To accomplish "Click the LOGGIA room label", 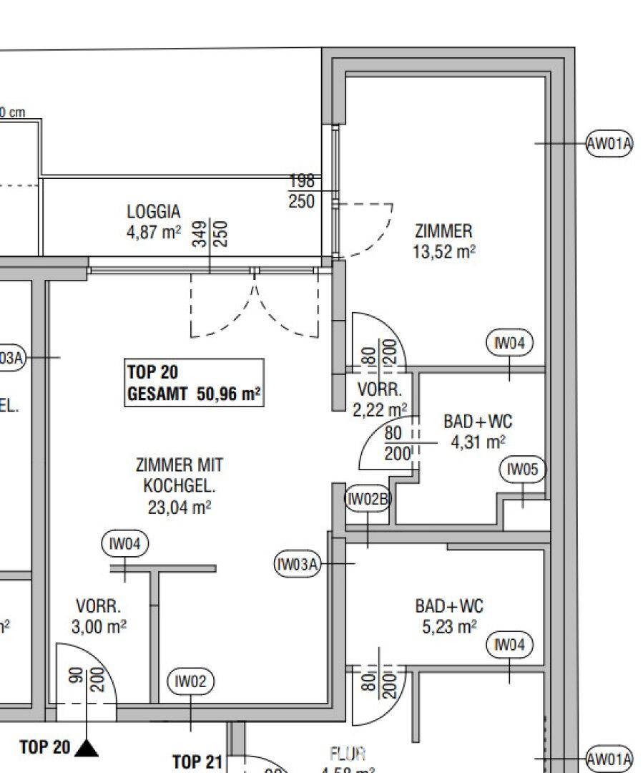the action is (153, 212).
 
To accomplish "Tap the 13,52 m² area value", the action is (444, 251).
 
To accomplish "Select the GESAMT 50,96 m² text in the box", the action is (193, 394).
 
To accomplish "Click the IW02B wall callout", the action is (368, 499).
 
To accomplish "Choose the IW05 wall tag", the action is (522, 470).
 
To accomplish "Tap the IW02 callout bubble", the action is (190, 682).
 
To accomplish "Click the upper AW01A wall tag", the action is (609, 144).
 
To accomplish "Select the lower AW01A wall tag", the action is (609, 759).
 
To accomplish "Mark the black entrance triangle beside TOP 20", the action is (87, 748).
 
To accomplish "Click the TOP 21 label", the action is (198, 762).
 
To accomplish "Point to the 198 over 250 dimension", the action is (301, 191).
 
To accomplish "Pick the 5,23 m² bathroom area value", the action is (448, 627).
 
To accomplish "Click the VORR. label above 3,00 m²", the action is (98, 606).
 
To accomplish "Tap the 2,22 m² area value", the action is (379, 409).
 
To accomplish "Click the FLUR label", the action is (348, 754).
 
